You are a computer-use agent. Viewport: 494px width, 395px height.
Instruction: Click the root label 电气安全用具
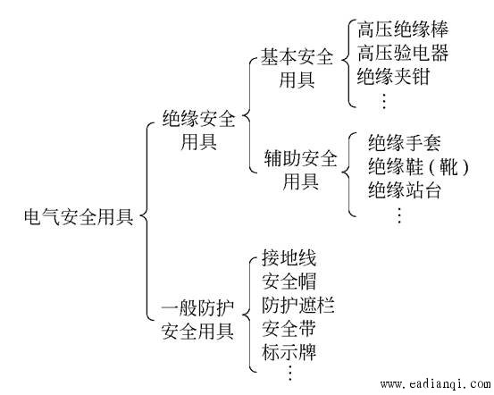coord(79,217)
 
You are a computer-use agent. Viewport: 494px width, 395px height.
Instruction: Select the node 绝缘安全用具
coord(199,130)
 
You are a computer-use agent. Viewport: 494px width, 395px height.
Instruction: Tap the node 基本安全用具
coord(297,68)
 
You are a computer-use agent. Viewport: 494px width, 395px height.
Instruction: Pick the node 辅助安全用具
coord(300,170)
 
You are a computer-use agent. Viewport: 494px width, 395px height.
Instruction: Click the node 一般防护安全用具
coord(197,319)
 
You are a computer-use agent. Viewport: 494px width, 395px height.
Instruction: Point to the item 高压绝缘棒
coord(403,29)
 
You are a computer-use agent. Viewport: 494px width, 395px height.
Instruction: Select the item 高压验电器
coord(403,53)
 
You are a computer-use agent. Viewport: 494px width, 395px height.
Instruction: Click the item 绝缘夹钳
coord(393,76)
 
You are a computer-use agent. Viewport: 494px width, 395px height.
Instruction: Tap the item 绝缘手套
coord(405,142)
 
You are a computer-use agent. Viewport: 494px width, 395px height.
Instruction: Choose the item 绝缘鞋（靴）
coord(419,166)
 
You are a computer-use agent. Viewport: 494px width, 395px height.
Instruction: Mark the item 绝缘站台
coord(405,189)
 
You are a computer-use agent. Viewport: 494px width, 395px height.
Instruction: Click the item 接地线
coord(289,257)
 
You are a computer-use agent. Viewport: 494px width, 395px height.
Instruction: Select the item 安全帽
coord(289,282)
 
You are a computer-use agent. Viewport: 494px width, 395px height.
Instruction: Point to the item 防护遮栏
coord(298,305)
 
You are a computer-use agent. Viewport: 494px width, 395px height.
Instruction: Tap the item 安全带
coord(289,328)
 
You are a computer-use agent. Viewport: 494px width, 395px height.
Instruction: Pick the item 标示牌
coord(289,352)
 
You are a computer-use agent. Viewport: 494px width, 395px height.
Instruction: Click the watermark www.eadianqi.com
coord(436,384)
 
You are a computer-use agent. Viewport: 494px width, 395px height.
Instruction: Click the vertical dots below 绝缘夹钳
coord(384,101)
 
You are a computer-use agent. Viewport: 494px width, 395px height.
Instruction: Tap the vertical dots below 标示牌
coord(289,373)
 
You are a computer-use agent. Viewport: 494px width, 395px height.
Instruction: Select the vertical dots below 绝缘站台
coord(399,215)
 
